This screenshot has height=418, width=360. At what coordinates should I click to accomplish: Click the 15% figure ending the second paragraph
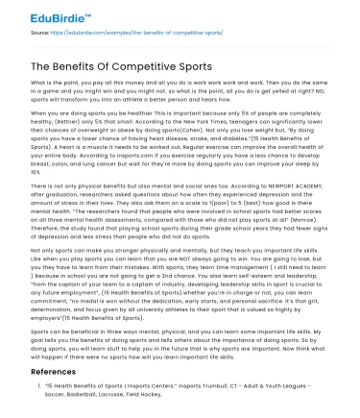[32, 180]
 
